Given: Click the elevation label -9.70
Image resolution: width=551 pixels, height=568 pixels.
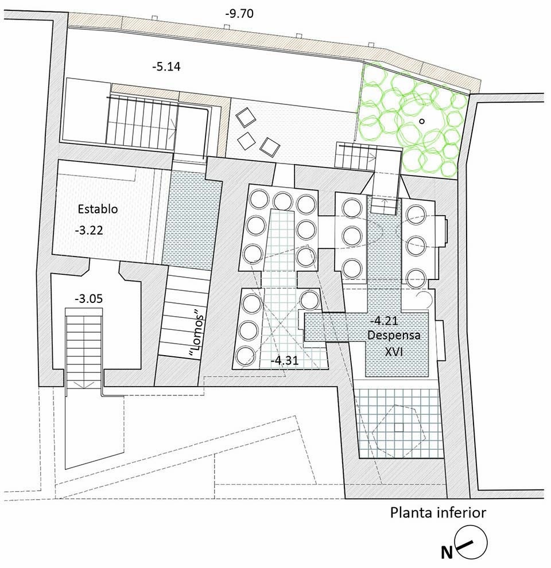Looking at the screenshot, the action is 239,14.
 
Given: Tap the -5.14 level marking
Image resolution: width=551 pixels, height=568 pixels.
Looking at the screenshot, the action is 166,67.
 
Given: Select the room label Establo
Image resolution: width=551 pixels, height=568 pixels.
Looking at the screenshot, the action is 98,209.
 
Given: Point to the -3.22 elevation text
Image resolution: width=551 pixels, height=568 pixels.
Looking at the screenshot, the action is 89,231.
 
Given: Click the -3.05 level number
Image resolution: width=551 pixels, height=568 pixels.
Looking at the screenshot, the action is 88,299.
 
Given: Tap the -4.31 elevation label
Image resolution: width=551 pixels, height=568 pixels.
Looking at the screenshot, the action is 285,360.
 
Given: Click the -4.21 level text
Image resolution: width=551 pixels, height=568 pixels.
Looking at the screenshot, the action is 384,321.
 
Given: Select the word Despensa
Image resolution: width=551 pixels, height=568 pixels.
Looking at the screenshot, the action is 394,336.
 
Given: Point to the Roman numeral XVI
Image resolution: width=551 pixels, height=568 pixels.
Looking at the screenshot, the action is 394,351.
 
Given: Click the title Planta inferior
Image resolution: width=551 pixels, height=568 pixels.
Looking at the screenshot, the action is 438,513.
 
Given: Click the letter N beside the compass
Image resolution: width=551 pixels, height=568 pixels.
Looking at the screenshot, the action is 447,553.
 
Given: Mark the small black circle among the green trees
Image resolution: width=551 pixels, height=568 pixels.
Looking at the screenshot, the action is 422,122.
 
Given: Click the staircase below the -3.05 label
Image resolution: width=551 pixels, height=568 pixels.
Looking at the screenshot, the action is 84,348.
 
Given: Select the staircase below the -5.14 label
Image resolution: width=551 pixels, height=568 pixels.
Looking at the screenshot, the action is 141,122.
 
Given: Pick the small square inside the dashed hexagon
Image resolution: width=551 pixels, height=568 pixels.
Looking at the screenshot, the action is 399,427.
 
